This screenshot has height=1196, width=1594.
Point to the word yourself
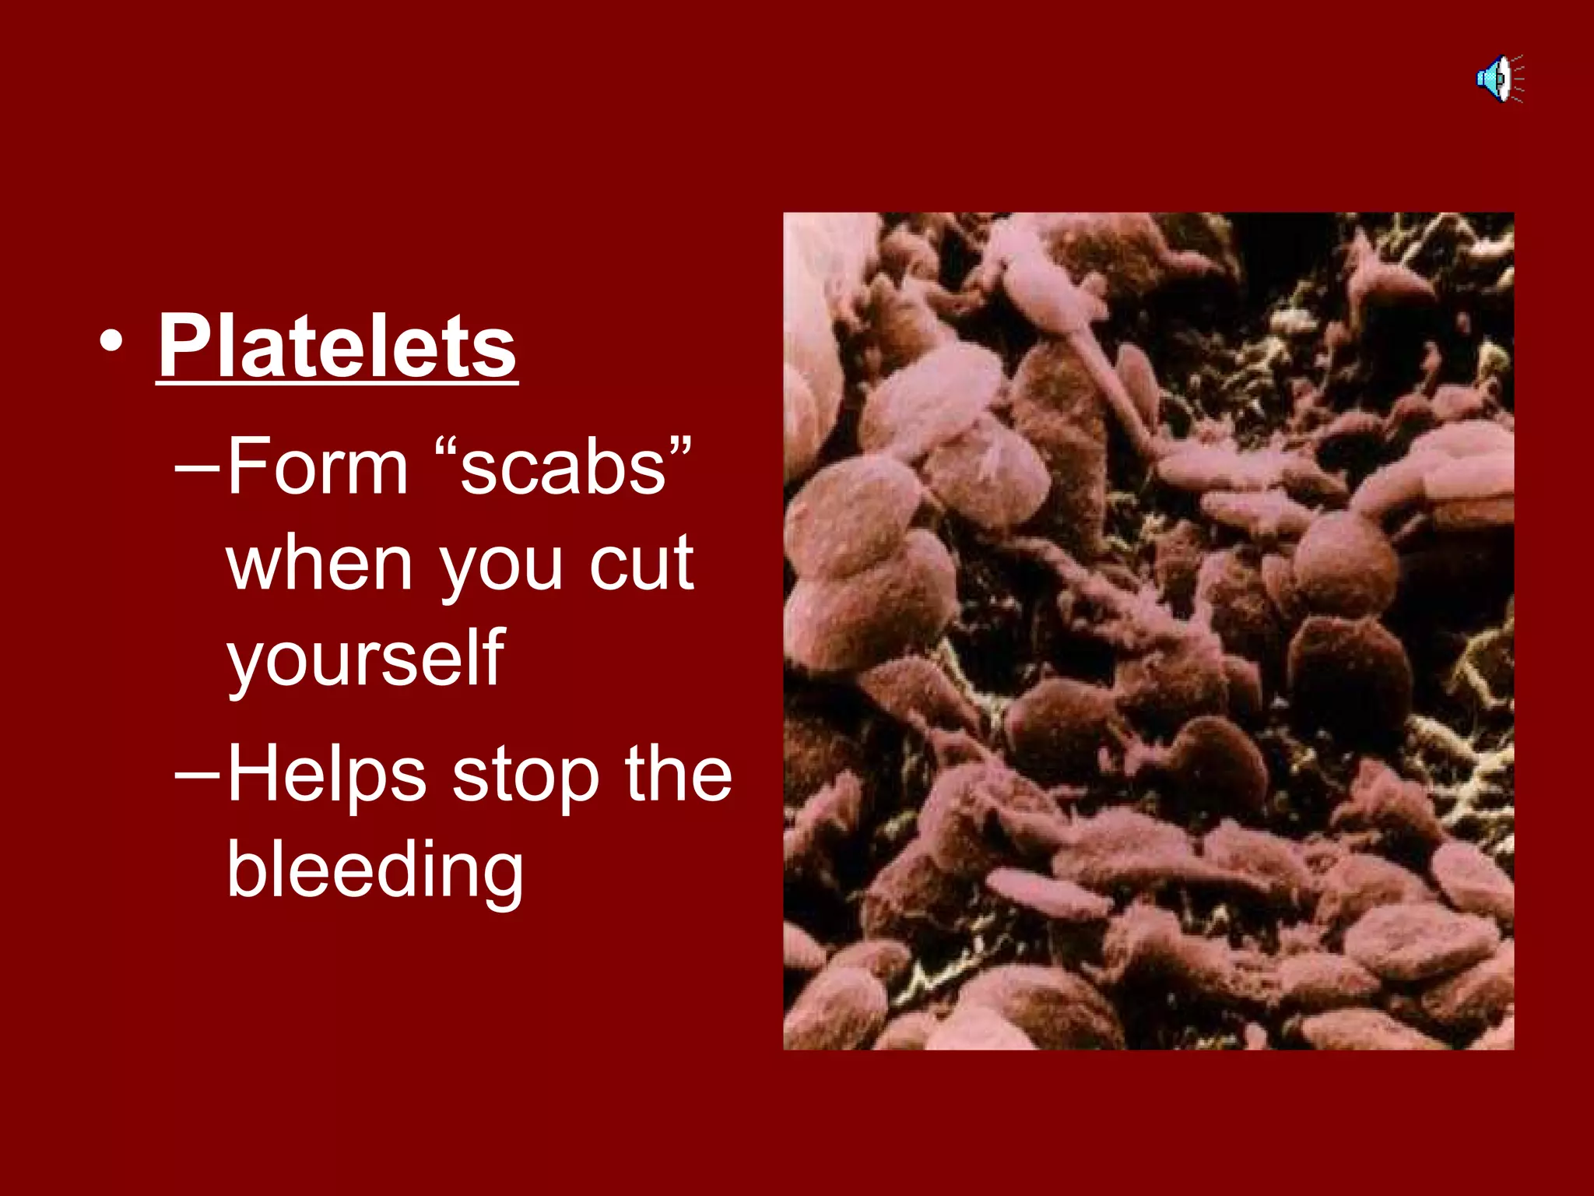pos(366,659)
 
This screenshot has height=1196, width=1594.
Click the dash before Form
pos(198,469)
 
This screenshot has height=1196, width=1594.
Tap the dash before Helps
pos(198,776)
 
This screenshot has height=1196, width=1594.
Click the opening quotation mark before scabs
pos(445,448)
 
